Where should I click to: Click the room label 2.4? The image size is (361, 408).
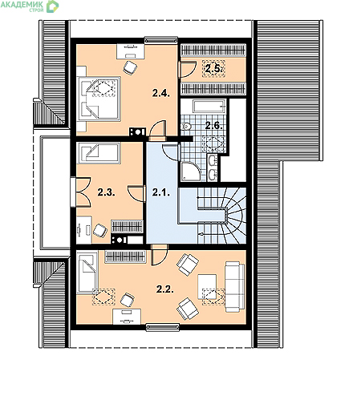click(x=161, y=93)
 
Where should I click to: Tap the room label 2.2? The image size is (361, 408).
click(x=165, y=289)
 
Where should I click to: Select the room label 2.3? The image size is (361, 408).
click(x=106, y=192)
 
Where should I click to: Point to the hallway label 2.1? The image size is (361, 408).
click(x=161, y=192)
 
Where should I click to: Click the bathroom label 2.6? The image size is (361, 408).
click(x=213, y=125)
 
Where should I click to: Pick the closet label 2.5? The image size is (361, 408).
click(x=213, y=69)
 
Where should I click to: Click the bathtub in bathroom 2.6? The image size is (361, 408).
click(x=209, y=107)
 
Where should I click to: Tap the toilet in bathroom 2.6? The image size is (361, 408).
click(x=186, y=126)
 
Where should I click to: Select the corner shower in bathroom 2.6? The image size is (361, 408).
click(x=191, y=171)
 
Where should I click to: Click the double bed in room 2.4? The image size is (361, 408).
click(x=99, y=99)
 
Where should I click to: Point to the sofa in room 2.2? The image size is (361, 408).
click(x=235, y=286)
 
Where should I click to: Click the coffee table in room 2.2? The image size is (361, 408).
click(x=207, y=286)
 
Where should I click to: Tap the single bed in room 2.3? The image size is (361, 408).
click(x=99, y=153)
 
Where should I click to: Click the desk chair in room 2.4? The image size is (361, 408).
click(x=130, y=67)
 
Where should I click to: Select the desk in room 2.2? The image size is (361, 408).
click(x=127, y=317)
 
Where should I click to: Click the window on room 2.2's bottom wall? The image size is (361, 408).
click(x=162, y=327)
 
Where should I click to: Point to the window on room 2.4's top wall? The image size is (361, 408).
click(x=161, y=40)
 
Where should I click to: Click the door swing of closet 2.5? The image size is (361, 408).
click(x=188, y=69)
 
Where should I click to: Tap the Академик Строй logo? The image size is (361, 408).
click(x=30, y=6)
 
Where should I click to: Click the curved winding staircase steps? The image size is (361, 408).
click(x=232, y=216)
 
